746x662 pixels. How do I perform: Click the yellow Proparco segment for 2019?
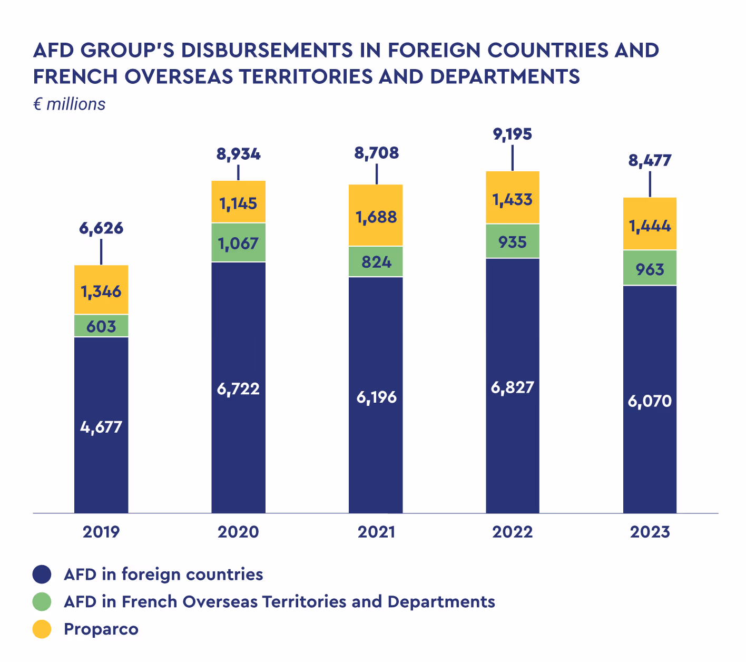tap(101, 290)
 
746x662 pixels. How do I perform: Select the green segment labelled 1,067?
tap(238, 243)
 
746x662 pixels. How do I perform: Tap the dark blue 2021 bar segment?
tap(376, 395)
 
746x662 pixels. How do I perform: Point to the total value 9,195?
tap(513, 134)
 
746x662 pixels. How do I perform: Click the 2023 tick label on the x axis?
tap(650, 532)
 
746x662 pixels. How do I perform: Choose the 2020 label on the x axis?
tap(238, 532)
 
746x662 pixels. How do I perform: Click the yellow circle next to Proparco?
tap(42, 629)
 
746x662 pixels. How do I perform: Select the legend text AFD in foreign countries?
tap(163, 574)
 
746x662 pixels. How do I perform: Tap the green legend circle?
tap(42, 601)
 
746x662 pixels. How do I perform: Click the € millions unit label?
tap(70, 104)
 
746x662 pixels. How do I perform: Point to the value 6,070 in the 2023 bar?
tap(650, 402)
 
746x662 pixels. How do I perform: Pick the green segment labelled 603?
tap(101, 326)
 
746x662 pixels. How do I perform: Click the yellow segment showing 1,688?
tap(376, 216)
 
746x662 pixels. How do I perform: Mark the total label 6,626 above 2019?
tap(101, 229)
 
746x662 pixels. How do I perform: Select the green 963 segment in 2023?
tap(650, 268)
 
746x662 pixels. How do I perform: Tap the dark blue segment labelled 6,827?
tap(513, 387)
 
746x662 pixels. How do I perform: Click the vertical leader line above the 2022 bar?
tap(513, 158)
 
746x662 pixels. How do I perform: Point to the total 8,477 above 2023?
tap(650, 160)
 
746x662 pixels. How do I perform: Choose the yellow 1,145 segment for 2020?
tap(238, 202)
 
